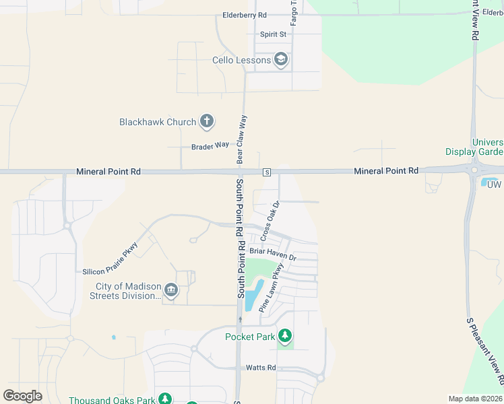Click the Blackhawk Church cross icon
207,122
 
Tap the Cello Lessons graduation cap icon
281,60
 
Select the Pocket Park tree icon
285,335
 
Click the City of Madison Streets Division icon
171,290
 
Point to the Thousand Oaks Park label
112,400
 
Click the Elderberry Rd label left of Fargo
245,15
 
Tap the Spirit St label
274,34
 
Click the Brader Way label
210,145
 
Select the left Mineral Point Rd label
108,172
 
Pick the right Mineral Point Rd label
386,172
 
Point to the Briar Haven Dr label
272,254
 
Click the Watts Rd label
261,368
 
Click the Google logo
23,396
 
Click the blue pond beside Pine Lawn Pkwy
253,295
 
